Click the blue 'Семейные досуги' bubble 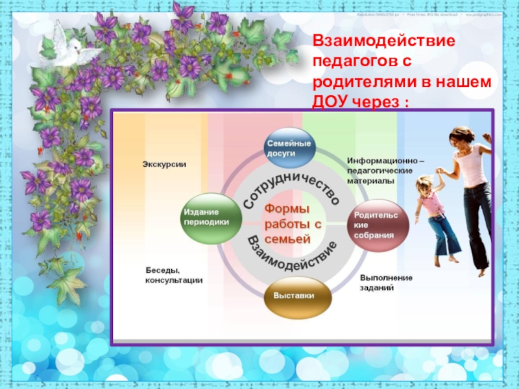(289, 148)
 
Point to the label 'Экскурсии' (164, 165)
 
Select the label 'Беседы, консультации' (173, 275)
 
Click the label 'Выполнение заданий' (386, 282)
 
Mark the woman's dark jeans (479, 220)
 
